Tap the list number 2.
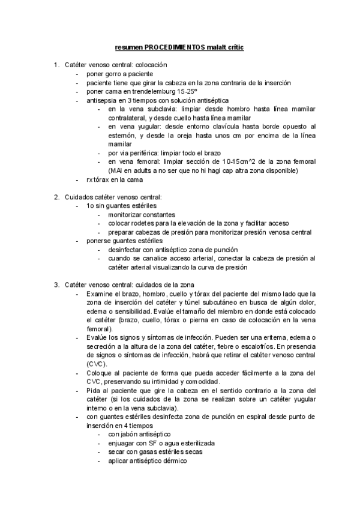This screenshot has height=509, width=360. click(x=56, y=197)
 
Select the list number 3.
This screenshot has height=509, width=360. click(x=56, y=284)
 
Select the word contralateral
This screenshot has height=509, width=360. click(x=128, y=118)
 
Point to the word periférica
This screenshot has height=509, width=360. click(x=133, y=154)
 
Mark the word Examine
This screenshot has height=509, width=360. click(x=100, y=294)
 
